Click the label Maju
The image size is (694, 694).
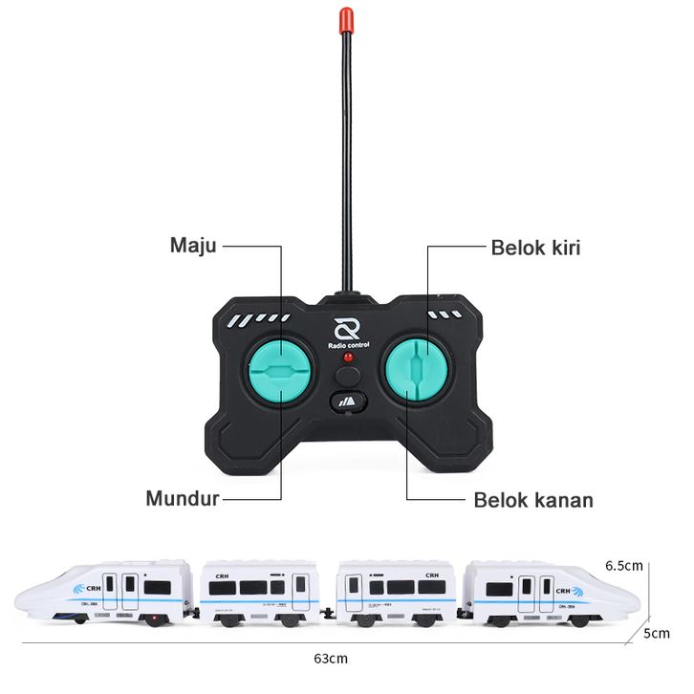point(193,246)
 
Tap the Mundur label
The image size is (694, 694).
point(183,498)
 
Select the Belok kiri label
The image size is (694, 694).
point(535,248)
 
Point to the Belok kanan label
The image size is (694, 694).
point(533,500)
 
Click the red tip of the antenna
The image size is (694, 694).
point(346,19)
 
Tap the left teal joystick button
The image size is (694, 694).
point(279,371)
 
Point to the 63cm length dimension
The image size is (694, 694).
point(330,659)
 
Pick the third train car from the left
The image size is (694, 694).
point(397,593)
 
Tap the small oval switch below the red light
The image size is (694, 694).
point(347,401)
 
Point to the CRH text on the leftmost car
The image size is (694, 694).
point(94,588)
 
